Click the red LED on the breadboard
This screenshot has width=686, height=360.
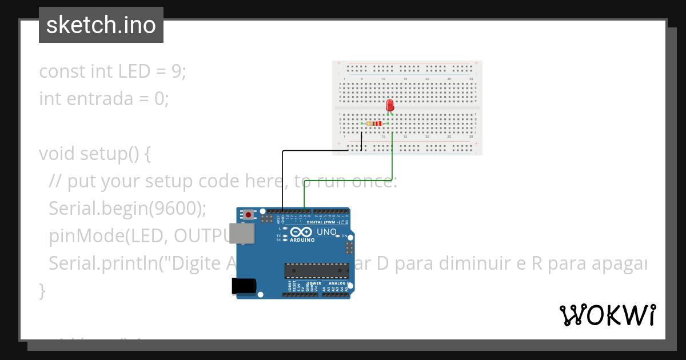pos(390,106)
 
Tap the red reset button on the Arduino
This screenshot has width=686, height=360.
pos(249,214)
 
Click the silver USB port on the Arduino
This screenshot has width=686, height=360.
pos(241,233)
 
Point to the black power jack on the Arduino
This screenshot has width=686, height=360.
pos(243,285)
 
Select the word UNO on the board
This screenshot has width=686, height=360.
pos(327,231)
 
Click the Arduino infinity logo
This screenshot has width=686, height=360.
pos(301,232)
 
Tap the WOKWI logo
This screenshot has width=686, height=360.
pos(607,315)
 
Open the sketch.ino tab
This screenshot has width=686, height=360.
pos(101,25)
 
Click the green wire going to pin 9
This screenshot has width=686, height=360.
pos(392,166)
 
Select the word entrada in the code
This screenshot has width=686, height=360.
pos(103,99)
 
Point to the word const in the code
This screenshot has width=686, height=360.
pos(62,71)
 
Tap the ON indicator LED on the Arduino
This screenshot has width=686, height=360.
pos(338,236)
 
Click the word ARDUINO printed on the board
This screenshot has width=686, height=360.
pos(302,240)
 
